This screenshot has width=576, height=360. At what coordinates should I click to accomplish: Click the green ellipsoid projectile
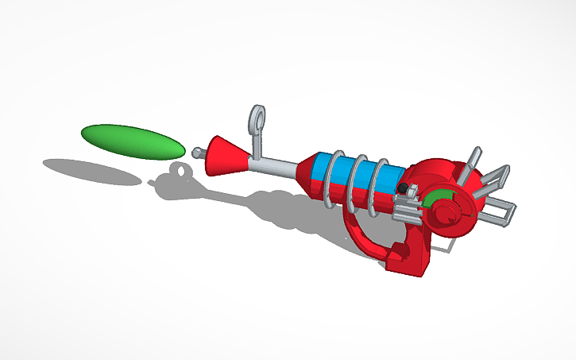[x=132, y=139]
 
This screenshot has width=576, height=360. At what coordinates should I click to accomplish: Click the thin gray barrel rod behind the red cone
[x=274, y=164]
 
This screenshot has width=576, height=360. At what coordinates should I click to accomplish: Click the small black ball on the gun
[x=403, y=188]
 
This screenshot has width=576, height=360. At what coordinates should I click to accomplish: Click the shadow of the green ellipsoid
[x=91, y=171]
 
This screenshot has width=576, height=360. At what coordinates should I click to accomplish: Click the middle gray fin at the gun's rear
[x=496, y=176]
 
